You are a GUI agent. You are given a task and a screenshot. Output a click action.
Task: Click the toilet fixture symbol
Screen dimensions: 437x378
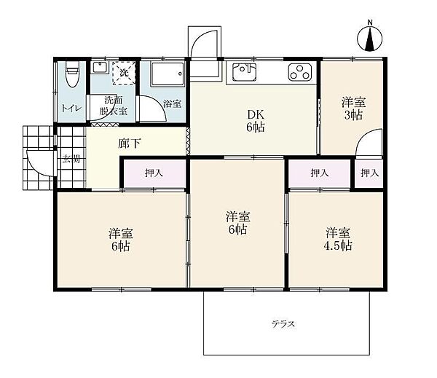(x=72, y=74)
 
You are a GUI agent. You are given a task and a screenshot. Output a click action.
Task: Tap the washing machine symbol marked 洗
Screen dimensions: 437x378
(x=124, y=73)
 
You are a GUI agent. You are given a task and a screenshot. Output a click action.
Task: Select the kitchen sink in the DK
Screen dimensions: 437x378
(x=245, y=72)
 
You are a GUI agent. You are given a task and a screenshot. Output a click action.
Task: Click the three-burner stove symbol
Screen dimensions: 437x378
(x=300, y=72)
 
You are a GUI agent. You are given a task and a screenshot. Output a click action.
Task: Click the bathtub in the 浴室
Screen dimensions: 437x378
(x=168, y=74)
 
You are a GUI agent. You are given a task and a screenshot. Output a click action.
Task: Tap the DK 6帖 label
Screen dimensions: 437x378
(x=256, y=120)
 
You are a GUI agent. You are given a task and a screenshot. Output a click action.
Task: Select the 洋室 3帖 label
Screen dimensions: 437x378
(x=353, y=109)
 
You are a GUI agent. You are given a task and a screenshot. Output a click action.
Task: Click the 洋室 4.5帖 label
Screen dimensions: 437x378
(x=338, y=239)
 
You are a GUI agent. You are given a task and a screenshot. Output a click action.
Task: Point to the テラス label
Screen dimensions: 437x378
(x=283, y=324)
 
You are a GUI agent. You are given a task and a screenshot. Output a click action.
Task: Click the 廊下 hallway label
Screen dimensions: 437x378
(x=130, y=143)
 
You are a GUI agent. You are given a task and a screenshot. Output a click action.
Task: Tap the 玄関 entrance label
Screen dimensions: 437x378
(x=71, y=160)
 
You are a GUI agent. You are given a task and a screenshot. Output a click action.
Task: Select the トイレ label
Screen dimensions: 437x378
(x=71, y=108)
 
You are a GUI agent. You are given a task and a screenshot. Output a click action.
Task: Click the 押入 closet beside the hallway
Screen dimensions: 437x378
(x=154, y=173)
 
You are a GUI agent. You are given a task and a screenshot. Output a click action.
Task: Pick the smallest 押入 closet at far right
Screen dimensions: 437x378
(x=369, y=173)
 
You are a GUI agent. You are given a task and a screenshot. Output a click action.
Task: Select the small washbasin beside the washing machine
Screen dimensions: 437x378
(x=100, y=68)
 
